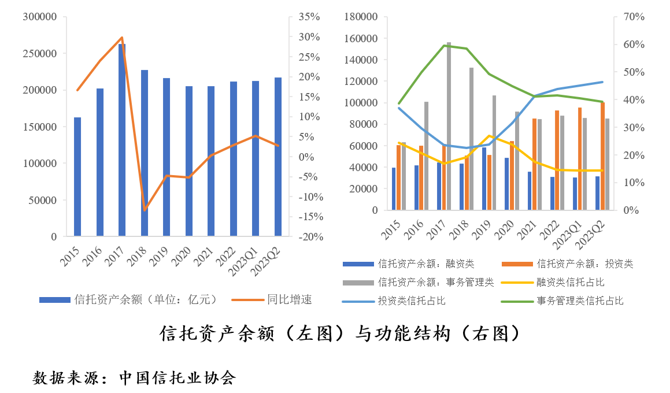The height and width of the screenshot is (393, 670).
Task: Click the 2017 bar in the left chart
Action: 122,140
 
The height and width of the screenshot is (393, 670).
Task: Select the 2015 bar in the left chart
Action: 77,176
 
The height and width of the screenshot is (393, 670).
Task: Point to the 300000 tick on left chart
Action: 41,17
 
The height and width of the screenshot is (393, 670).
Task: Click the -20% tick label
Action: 311,237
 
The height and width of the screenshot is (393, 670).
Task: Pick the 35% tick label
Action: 309,17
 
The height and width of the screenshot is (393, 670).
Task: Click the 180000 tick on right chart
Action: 360,17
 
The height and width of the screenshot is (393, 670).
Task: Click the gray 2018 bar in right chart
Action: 472,139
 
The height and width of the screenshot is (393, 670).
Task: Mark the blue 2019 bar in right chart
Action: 484,179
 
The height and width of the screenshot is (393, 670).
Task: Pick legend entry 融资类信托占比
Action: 571,282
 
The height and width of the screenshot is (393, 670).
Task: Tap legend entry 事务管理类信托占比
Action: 580,301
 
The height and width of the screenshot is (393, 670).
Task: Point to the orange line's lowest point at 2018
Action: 145,210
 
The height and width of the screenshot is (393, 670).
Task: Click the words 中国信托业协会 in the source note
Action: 177,379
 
